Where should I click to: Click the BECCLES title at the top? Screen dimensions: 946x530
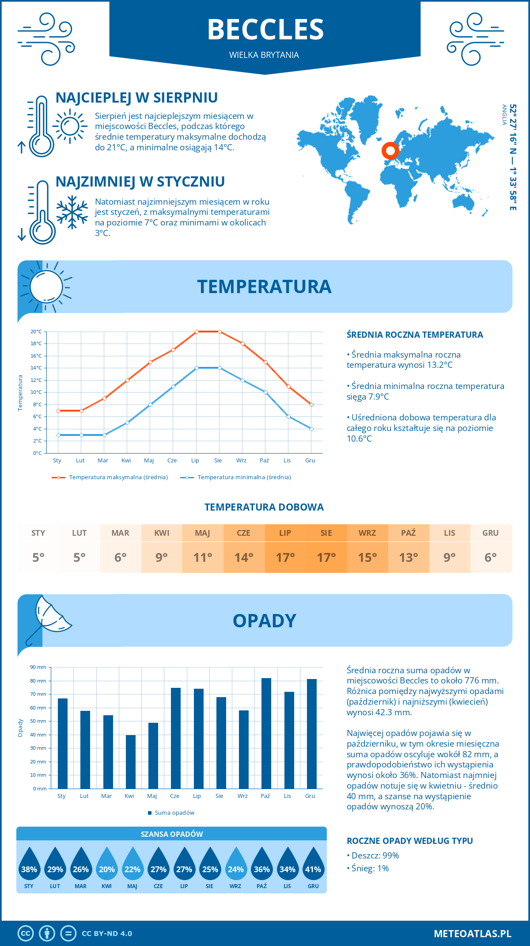pos(265,30)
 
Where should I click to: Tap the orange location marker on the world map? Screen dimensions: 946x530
pos(390,151)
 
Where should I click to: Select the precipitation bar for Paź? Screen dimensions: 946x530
pos(266,733)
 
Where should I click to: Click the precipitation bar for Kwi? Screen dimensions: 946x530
pos(131,762)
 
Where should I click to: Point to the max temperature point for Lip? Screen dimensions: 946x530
pos(197,332)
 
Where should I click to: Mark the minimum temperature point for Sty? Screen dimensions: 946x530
pos(58,435)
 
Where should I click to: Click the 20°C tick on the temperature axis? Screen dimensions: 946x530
pos(36,332)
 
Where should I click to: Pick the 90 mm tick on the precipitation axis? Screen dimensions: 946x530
pos(38,667)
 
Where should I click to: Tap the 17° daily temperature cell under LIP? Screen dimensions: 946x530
pos(285,557)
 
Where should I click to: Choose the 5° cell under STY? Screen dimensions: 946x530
pos(38,557)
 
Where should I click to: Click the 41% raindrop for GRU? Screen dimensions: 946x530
pos(313,866)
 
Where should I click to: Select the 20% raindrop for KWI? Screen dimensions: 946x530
pos(107,866)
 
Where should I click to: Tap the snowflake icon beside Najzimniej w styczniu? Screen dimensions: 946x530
pos(72,212)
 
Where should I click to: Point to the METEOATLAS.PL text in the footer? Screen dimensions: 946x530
pos(472,934)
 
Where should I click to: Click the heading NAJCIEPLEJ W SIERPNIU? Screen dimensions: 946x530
pos(136,98)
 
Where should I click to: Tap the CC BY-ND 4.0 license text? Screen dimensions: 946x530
pos(107,934)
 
